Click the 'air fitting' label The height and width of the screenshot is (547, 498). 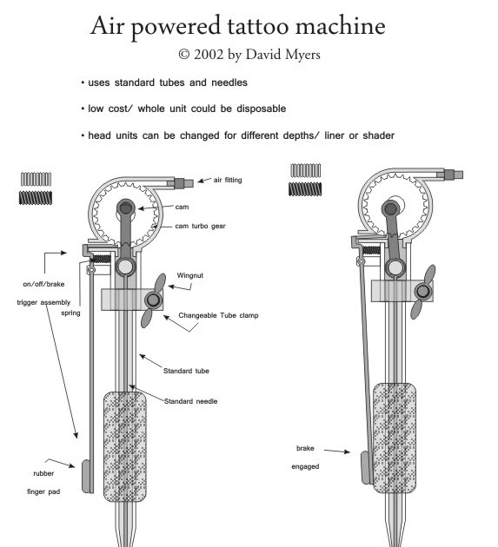click(x=228, y=180)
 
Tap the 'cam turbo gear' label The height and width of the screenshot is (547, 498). click(x=200, y=226)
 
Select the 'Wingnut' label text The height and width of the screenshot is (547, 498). click(x=190, y=275)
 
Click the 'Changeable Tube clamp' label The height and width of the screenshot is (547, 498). click(x=218, y=315)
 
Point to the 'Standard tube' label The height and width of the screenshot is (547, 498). click(x=186, y=371)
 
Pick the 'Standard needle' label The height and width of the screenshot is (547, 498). click(x=190, y=401)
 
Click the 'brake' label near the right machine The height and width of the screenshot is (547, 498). click(x=305, y=448)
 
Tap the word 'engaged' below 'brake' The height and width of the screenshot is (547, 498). click(x=305, y=467)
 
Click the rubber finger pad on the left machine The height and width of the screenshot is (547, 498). click(x=85, y=476)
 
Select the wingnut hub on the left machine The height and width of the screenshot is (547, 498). click(x=153, y=300)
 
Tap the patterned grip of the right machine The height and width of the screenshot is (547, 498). click(x=395, y=438)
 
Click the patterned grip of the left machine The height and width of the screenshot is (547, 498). click(x=124, y=446)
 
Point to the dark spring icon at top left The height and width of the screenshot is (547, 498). click(x=36, y=198)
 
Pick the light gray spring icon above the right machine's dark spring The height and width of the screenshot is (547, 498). click(x=306, y=170)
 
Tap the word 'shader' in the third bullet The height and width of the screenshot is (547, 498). click(x=379, y=135)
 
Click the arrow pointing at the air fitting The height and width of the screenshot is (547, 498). click(x=204, y=180)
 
